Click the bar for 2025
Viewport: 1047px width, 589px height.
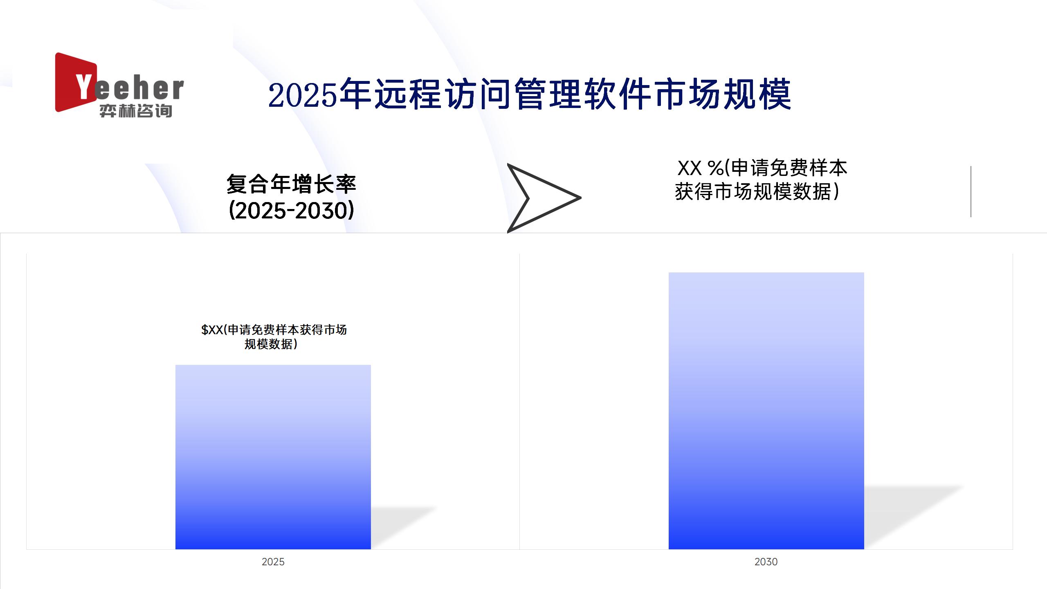coord(273,457)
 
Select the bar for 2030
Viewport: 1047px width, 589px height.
coord(766,411)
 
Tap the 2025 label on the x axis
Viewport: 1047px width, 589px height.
coord(273,562)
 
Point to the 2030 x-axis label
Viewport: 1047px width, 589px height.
coord(766,562)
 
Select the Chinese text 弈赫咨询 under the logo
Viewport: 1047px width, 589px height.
coord(136,111)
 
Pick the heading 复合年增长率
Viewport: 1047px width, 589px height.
coord(291,184)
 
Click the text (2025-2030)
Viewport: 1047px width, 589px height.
coord(291,211)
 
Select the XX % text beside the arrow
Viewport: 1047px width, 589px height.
coord(700,168)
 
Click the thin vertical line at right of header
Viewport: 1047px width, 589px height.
coord(971,191)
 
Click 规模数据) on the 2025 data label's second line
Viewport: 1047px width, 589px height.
coord(271,344)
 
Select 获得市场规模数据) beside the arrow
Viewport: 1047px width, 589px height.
coord(757,191)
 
